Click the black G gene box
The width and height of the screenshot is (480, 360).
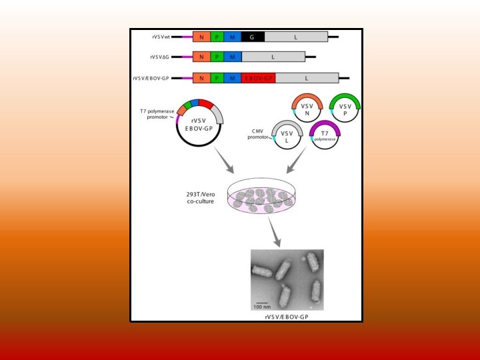pyautogui.click(x=252, y=37)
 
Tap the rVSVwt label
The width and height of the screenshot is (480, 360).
pyautogui.click(x=161, y=37)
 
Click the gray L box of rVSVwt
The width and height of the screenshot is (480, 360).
pyautogui.click(x=295, y=37)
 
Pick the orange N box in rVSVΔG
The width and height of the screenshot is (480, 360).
pyautogui.click(x=201, y=57)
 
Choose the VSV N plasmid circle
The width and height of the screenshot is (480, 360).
pyautogui.click(x=307, y=109)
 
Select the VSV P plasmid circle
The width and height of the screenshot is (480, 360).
pyautogui.click(x=345, y=109)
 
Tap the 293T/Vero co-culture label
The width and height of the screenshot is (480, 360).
pyautogui.click(x=201, y=197)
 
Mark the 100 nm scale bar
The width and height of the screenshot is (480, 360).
pyautogui.click(x=261, y=303)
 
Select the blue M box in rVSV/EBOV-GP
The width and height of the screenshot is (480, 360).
pyautogui.click(x=231, y=78)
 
